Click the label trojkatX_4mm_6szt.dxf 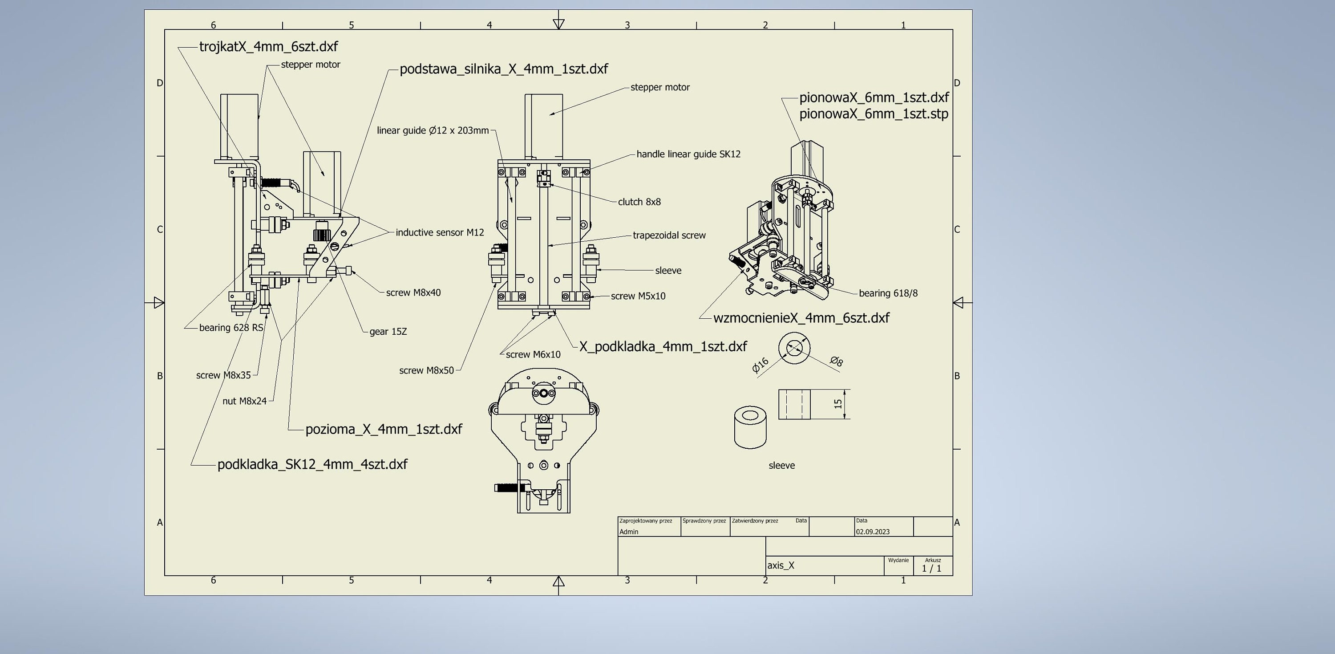[268, 47]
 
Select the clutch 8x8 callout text [639, 202]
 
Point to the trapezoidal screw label [668, 236]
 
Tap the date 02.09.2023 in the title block [872, 532]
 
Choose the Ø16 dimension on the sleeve [760, 365]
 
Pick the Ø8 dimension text [837, 361]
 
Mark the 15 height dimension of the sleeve [838, 403]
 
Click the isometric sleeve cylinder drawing [750, 427]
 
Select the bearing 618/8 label [888, 293]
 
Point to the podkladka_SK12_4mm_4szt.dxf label [312, 464]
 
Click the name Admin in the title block [629, 532]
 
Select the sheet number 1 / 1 [931, 569]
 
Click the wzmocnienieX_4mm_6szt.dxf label [801, 318]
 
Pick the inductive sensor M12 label [440, 233]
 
